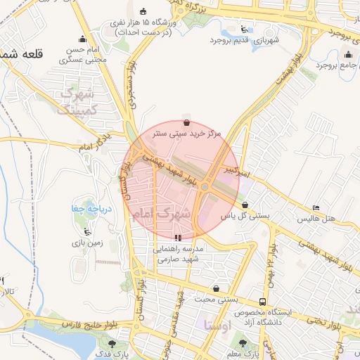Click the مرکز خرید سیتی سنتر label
pyautogui.click(x=187, y=133)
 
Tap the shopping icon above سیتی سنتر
pyautogui.click(x=186, y=122)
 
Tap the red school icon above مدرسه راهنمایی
pyautogui.click(x=179, y=238)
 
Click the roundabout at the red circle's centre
pyautogui.click(x=205, y=186)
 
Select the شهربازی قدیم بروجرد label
pyautogui.click(x=244, y=40)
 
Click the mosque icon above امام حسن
pyautogui.click(x=84, y=39)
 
